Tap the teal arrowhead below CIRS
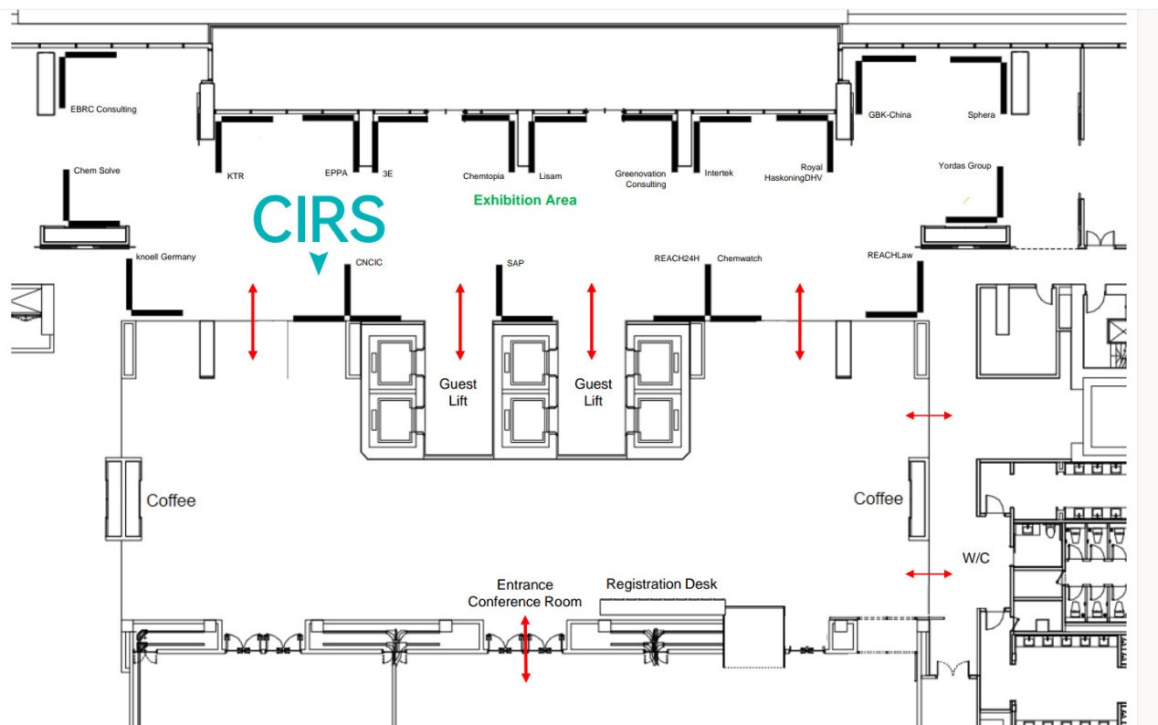tap(318, 263)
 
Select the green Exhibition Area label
tap(524, 200)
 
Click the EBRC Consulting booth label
tap(103, 110)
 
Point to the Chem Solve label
tap(97, 171)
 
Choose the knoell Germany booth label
tap(165, 257)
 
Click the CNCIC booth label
tap(369, 263)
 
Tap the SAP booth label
tap(515, 263)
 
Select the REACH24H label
tap(677, 258)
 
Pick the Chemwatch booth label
tap(739, 258)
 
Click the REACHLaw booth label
tap(890, 256)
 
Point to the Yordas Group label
tap(964, 166)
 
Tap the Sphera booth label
tap(981, 115)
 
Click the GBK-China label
tap(890, 115)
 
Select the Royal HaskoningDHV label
tap(794, 173)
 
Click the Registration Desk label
tap(661, 584)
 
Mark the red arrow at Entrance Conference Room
tap(525, 649)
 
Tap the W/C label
tap(975, 558)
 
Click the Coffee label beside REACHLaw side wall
tap(878, 499)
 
